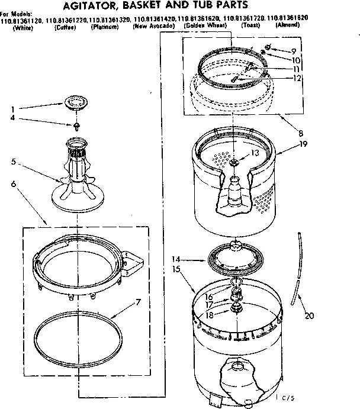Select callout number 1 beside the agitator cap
12,109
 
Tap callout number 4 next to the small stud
12,118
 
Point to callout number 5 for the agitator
13,160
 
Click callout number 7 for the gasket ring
137,303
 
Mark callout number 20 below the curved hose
308,315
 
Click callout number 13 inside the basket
255,153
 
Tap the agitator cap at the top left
74,102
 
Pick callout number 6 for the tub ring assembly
13,184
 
